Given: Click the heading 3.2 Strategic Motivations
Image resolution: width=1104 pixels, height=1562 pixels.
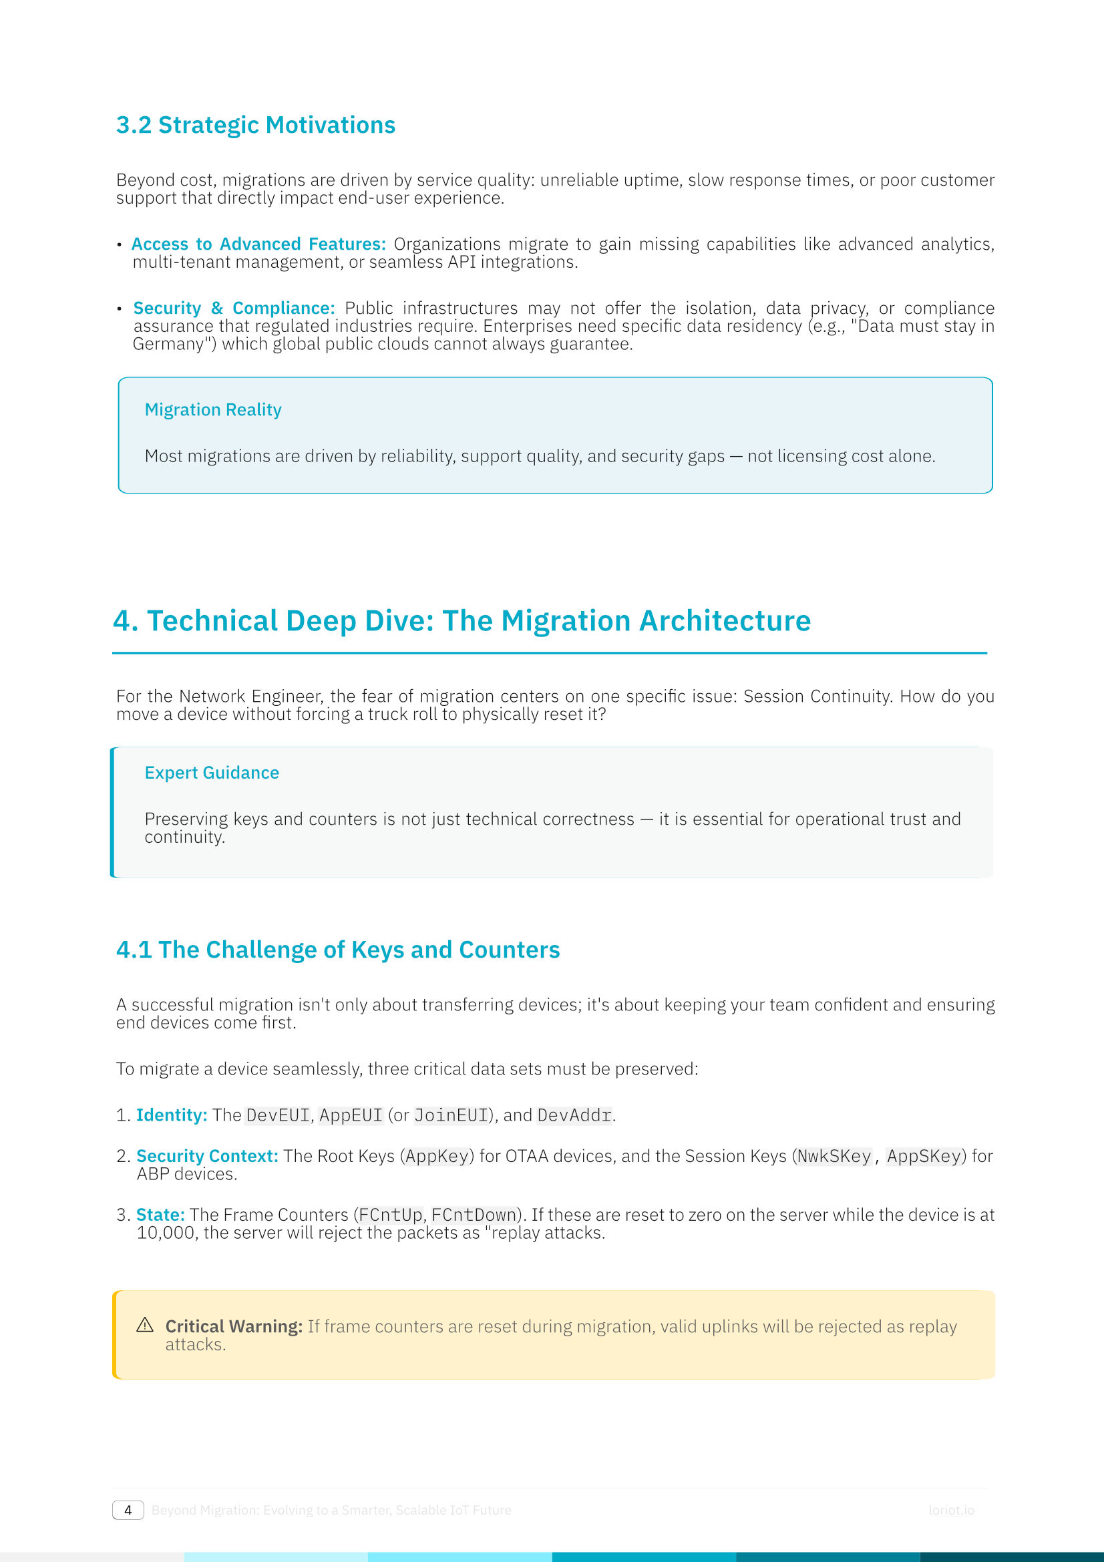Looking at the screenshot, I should [x=255, y=125].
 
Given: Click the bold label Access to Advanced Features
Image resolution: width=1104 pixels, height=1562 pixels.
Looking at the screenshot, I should [x=258, y=244].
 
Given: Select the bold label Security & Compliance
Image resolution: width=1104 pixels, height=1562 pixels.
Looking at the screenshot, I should [x=233, y=307].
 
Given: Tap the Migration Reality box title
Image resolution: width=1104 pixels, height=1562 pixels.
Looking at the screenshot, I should [x=213, y=409].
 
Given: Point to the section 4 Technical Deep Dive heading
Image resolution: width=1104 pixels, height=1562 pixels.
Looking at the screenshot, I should [x=462, y=620].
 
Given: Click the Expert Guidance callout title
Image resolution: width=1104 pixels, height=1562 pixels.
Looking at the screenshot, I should [x=212, y=773].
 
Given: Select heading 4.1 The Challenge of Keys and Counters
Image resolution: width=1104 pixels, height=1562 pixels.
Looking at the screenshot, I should [x=337, y=950].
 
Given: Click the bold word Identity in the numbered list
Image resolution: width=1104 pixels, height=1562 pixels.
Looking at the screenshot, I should [x=171, y=1115].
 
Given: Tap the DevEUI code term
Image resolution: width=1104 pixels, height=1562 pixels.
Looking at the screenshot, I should [x=278, y=1116].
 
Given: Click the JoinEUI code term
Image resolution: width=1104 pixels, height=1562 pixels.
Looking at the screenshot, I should [x=451, y=1116].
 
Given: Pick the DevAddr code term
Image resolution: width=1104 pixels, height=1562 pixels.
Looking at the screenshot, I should [x=574, y=1116].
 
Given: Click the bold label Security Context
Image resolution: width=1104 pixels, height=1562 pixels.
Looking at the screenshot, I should [x=207, y=1156].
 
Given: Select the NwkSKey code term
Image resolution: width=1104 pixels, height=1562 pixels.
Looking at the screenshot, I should [x=834, y=1157].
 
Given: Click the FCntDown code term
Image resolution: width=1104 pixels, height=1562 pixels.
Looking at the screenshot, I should [x=474, y=1215].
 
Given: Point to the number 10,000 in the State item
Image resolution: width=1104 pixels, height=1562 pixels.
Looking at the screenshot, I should [x=165, y=1233].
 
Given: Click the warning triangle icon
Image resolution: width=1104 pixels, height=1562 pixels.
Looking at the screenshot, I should [x=145, y=1324].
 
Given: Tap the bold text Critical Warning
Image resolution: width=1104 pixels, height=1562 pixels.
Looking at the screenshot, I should [x=233, y=1326].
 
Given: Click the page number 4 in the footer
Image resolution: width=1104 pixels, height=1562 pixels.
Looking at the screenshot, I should [x=128, y=1511].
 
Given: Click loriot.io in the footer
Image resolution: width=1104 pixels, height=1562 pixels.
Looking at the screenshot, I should [x=951, y=1511].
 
